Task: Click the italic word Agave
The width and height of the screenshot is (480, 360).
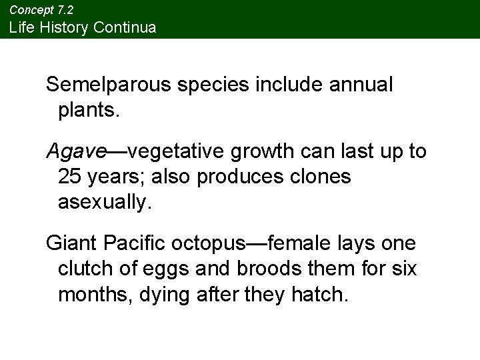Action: (76, 153)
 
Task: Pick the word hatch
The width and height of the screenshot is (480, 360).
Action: (324, 294)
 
